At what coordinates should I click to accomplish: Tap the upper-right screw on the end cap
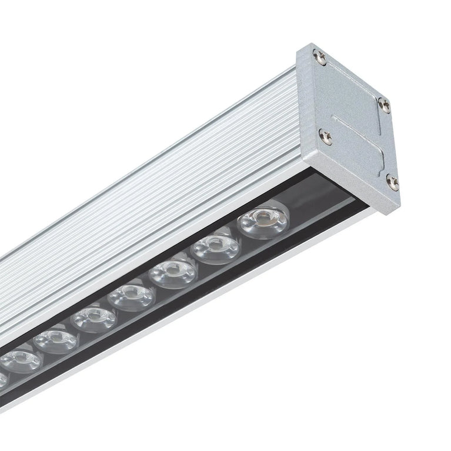[x=384, y=105]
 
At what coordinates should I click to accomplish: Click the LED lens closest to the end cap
[x=263, y=221]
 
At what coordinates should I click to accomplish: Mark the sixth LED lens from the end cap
[x=56, y=340]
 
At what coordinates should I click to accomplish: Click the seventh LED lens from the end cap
[x=21, y=359]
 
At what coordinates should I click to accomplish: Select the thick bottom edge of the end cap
[x=347, y=188]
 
